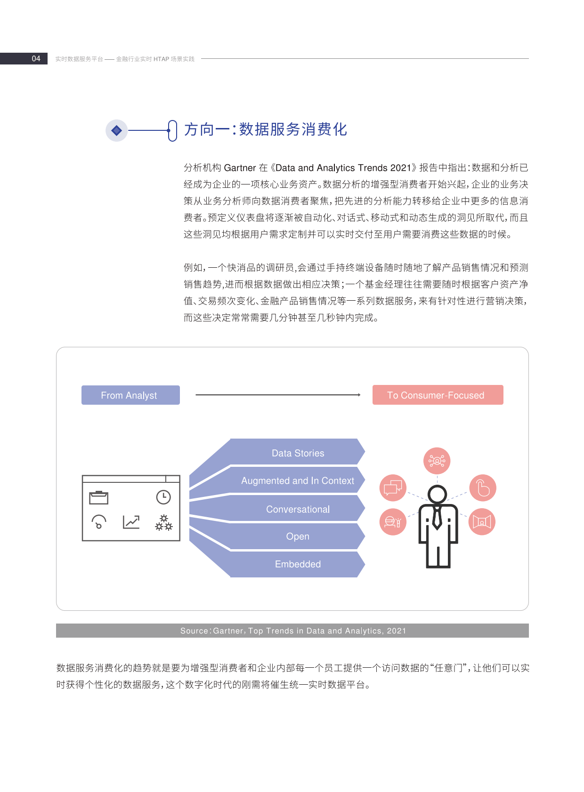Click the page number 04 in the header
36,59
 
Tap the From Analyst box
130,395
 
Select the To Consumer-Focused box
438,395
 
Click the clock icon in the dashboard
163,497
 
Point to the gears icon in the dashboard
164,523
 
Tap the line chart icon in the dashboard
131,522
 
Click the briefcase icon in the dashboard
99,498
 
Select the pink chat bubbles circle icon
393,488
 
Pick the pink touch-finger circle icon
483,488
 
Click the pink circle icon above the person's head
437,461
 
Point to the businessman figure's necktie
437,518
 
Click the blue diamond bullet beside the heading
116,130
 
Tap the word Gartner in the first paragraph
240,168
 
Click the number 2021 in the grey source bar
396,631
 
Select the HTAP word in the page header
161,59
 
